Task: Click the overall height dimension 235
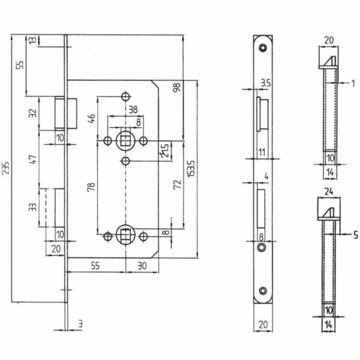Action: click(5, 168)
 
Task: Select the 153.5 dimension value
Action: click(191, 169)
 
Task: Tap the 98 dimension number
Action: click(177, 88)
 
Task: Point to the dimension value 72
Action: click(177, 184)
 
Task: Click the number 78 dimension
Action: click(91, 187)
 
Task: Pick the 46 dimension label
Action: click(92, 118)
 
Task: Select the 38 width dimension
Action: click(133, 110)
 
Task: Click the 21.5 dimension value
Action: click(165, 151)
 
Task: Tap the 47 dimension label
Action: click(33, 160)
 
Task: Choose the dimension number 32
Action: click(33, 113)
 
